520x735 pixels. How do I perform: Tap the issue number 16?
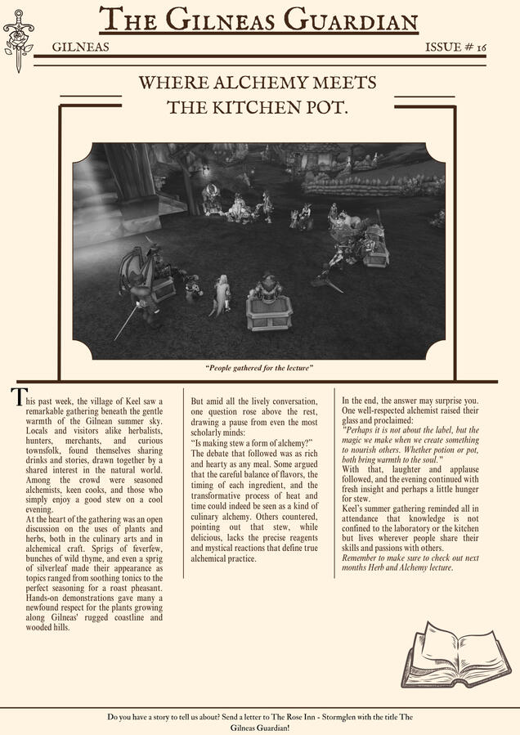[x=481, y=48]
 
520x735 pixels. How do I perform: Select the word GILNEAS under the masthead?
[x=79, y=48]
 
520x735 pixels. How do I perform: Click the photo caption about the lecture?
[x=259, y=369]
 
